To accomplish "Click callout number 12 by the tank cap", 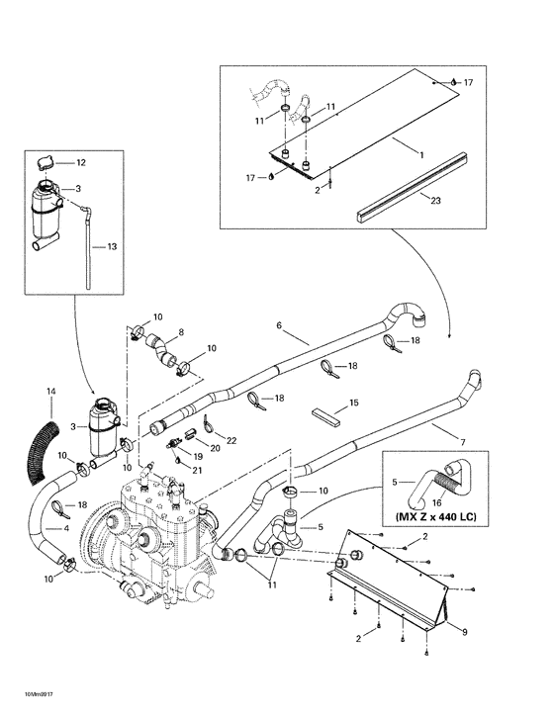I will pyautogui.click(x=82, y=162).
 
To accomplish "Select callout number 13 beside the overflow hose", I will pyautogui.click(x=112, y=246).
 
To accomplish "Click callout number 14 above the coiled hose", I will pyautogui.click(x=51, y=393).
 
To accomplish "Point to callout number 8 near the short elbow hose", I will pyautogui.click(x=181, y=333).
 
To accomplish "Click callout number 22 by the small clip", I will pyautogui.click(x=231, y=439).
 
